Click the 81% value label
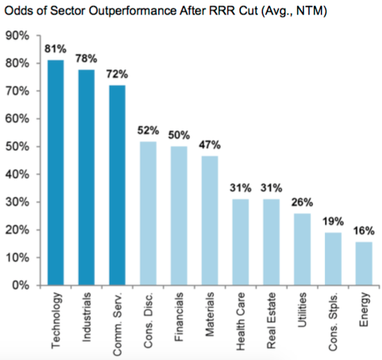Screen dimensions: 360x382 (56, 49)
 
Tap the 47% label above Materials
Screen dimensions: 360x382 (210, 145)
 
